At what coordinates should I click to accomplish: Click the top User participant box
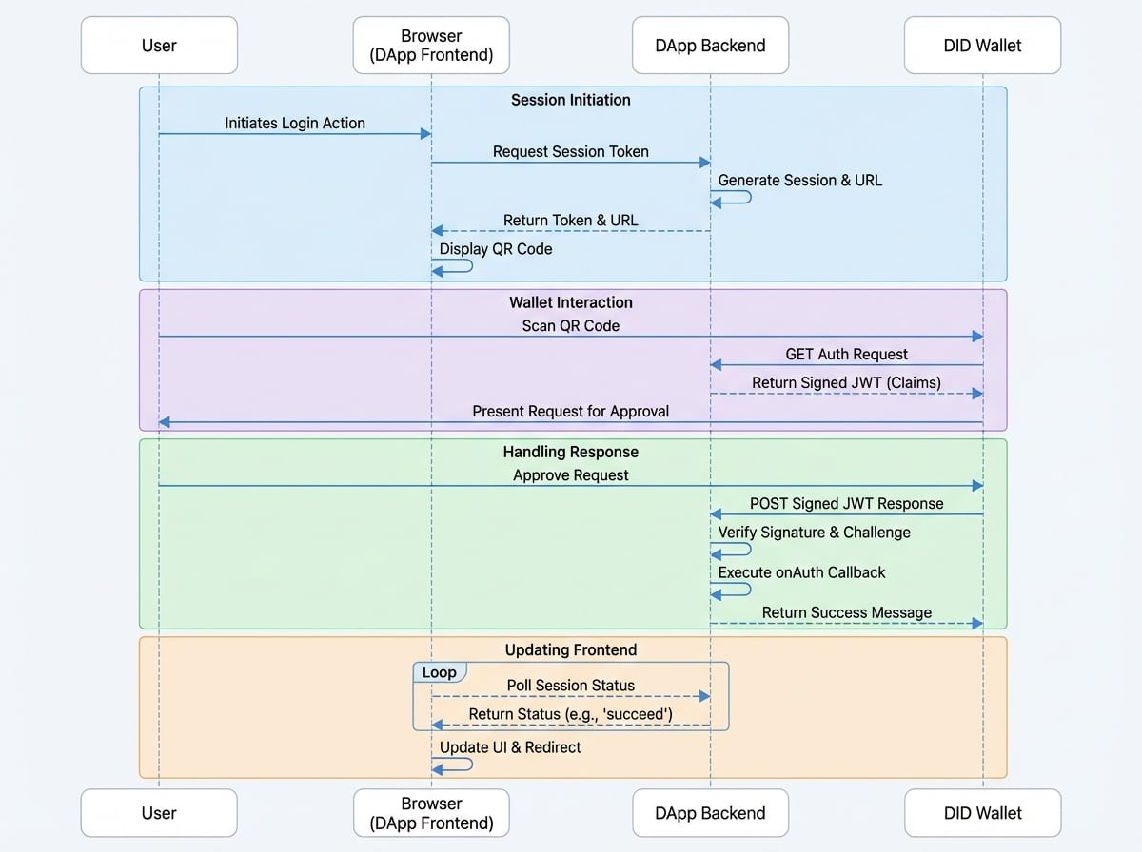point(159,45)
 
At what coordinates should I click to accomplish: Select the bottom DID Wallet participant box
point(982,813)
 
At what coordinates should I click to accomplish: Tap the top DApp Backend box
point(710,45)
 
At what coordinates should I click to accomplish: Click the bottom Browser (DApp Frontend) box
point(431,813)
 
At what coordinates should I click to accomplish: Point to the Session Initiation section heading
point(570,100)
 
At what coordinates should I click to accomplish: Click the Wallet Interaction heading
point(570,302)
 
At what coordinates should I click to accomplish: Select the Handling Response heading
point(570,452)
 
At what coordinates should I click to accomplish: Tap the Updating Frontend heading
point(570,649)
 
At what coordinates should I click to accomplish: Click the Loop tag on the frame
point(439,672)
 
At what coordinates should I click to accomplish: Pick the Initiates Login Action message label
point(294,123)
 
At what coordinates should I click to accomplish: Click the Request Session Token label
point(570,151)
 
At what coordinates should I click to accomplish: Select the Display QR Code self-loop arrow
point(455,266)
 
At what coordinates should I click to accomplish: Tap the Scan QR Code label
point(570,325)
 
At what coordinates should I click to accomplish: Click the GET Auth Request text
point(846,354)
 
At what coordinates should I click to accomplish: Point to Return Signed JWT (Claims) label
point(846,382)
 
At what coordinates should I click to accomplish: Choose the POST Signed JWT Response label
point(846,503)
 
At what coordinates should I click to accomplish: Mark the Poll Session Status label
point(570,685)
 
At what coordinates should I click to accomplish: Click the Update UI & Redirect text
point(510,746)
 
